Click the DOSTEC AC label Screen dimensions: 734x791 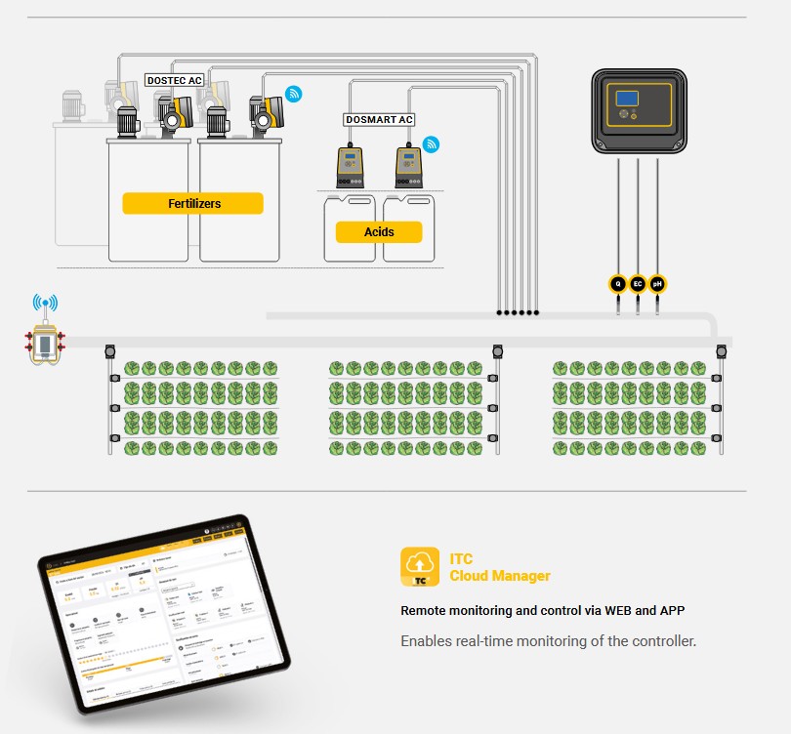(173, 80)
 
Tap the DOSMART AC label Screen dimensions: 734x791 (380, 119)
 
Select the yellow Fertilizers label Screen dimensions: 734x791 (193, 203)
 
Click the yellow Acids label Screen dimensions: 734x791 (379, 231)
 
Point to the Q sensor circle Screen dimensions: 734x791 (617, 284)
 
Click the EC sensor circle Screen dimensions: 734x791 (638, 284)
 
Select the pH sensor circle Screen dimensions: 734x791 (657, 284)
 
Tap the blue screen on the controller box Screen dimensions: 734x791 (626, 98)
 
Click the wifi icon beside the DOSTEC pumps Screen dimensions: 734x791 (293, 94)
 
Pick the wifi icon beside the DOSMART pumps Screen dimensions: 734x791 (431, 144)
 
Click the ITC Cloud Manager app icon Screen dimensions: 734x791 (420, 567)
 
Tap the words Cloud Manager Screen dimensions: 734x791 (500, 576)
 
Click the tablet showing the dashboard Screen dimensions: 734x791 (165, 615)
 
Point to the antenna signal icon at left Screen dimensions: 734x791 (45, 304)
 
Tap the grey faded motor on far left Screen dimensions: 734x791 (73, 106)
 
